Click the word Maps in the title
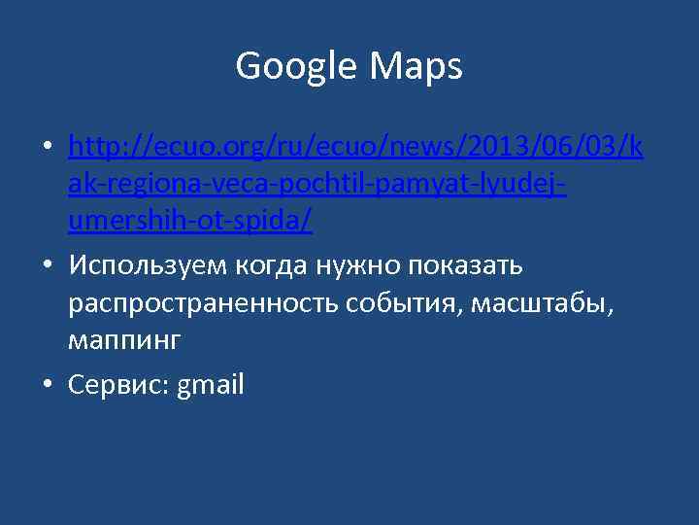[416, 66]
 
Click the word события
[407, 303]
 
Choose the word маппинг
[125, 342]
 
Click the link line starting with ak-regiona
[317, 184]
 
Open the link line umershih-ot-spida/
[190, 222]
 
